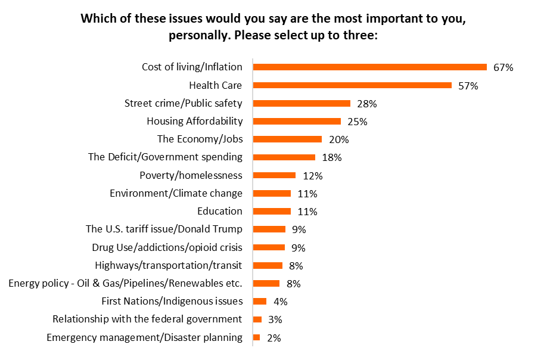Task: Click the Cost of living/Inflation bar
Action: point(370,67)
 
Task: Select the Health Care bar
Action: point(353,85)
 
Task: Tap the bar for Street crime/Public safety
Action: point(302,103)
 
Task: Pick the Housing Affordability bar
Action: point(297,121)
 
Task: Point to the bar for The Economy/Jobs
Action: point(288,139)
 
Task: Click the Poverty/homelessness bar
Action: point(274,175)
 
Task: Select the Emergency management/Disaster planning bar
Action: point(257,337)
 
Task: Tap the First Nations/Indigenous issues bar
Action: point(260,301)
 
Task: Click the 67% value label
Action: point(503,67)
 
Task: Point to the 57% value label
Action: point(468,86)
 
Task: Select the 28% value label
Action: point(366,104)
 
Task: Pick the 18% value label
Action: point(331,158)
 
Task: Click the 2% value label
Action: point(273,338)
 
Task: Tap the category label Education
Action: point(220,211)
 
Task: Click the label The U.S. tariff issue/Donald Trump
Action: point(164,229)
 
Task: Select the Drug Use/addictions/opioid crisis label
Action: point(167,247)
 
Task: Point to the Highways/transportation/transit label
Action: point(169,265)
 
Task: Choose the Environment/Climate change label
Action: point(176,193)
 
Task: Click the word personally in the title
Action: point(195,35)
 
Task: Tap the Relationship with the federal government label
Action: point(147,319)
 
